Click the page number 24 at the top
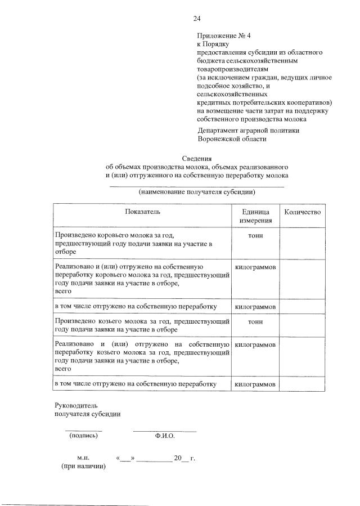click(197, 19)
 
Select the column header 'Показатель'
click(142, 212)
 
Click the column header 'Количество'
click(303, 212)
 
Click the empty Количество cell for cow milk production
click(303, 243)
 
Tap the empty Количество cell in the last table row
click(303, 384)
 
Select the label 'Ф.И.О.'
click(164, 436)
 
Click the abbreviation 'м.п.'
click(84, 458)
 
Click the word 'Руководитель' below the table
click(76, 405)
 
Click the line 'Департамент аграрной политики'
click(248, 130)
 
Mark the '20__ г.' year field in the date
click(184, 458)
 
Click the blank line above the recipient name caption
click(197, 185)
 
